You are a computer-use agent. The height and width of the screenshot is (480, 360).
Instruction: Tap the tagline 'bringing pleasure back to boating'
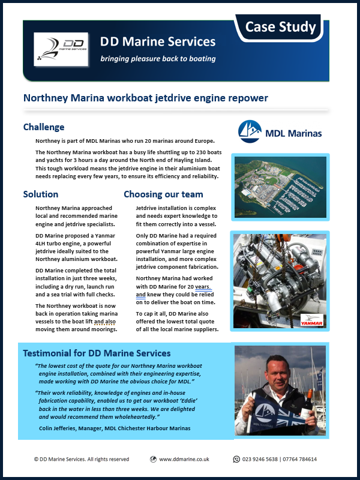(x=158, y=59)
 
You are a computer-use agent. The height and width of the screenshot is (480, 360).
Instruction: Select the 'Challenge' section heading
(x=44, y=127)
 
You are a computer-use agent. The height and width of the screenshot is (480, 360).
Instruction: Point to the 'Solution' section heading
(x=41, y=194)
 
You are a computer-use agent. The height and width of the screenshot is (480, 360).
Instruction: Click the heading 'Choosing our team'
(x=163, y=194)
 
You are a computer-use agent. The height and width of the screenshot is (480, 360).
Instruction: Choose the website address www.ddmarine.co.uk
(x=184, y=460)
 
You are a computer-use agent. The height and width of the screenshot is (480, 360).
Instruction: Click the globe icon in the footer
(x=154, y=460)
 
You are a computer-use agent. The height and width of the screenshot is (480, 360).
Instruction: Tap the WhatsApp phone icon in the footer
(x=236, y=460)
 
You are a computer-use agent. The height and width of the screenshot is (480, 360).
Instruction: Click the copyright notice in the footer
(x=81, y=460)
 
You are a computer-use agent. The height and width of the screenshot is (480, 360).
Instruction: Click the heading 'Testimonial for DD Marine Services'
(x=97, y=353)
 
